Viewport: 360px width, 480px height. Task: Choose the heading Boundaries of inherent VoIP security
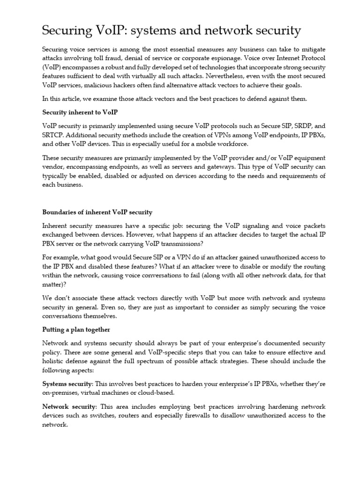[x=97, y=212]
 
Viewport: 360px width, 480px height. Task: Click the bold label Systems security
[x=67, y=383]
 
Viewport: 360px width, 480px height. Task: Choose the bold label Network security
[x=68, y=406]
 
